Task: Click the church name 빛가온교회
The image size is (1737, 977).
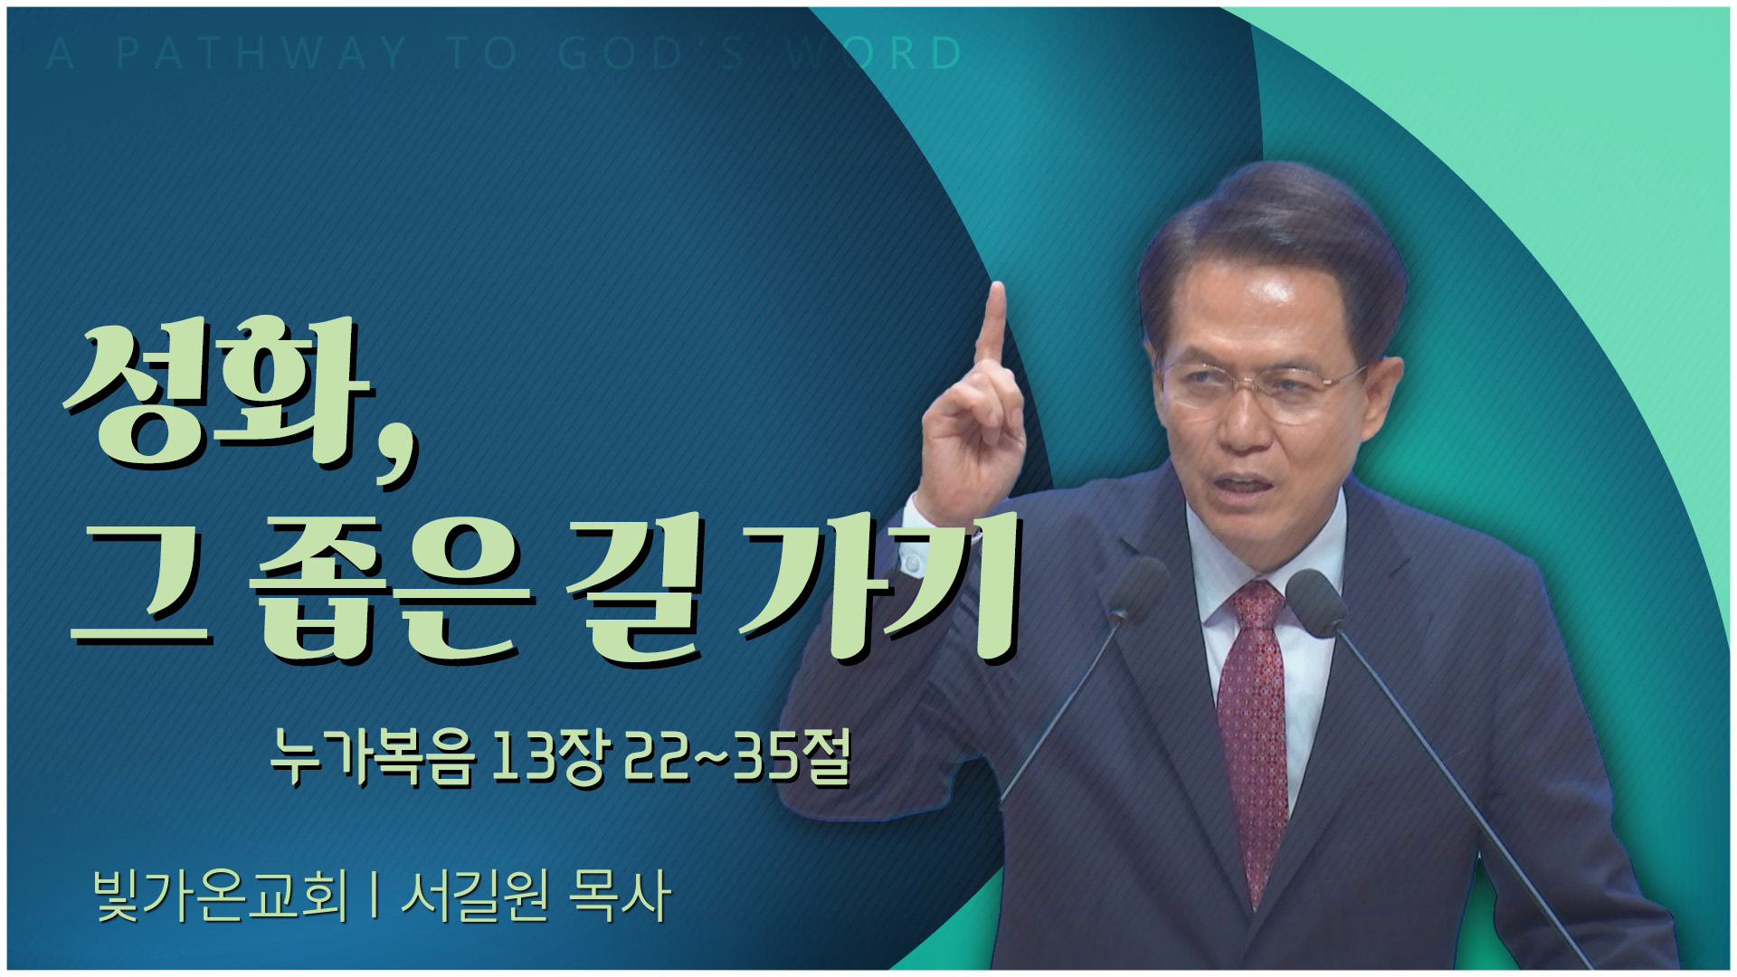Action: pyautogui.click(x=221, y=896)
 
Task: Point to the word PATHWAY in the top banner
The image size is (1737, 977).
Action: pyautogui.click(x=261, y=53)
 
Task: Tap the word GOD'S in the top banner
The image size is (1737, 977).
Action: pyautogui.click(x=652, y=53)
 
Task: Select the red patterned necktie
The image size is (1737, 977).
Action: pyautogui.click(x=1254, y=733)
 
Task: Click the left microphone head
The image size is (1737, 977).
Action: pyautogui.click(x=1136, y=589)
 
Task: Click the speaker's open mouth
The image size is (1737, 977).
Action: pyautogui.click(x=1244, y=485)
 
